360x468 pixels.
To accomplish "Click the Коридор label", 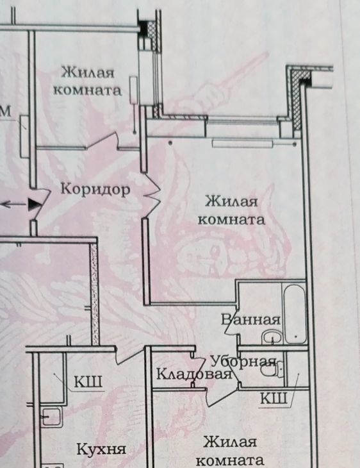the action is pyautogui.click(x=95, y=190).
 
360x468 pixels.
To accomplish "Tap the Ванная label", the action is pyautogui.click(x=251, y=320).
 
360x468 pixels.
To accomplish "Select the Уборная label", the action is pyautogui.click(x=243, y=362).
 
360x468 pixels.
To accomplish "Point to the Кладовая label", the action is pyautogui.click(x=194, y=374).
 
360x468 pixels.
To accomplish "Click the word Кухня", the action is pyautogui.click(x=102, y=449).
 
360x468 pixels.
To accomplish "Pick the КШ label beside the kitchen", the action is pyautogui.click(x=88, y=381).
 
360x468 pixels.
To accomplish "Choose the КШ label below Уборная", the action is pyautogui.click(x=274, y=398).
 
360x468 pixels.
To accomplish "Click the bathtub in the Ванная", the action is pyautogui.click(x=295, y=313).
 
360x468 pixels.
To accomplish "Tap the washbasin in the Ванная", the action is pyautogui.click(x=272, y=338).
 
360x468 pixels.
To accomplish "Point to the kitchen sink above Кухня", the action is pyautogui.click(x=51, y=417).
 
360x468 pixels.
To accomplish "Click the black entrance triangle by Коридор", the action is pyautogui.click(x=35, y=205).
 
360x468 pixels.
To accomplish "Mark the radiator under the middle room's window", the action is pyautogui.click(x=243, y=144).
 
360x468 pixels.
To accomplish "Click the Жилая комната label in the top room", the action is pyautogui.click(x=88, y=81).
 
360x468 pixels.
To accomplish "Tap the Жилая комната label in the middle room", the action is pyautogui.click(x=231, y=210).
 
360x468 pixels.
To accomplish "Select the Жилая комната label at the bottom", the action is pyautogui.click(x=230, y=451).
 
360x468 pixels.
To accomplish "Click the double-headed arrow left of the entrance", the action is pyautogui.click(x=14, y=205).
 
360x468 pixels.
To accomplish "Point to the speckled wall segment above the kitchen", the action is pyautogui.click(x=94, y=294).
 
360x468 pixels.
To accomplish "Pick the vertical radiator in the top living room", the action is pyautogui.click(x=134, y=90).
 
